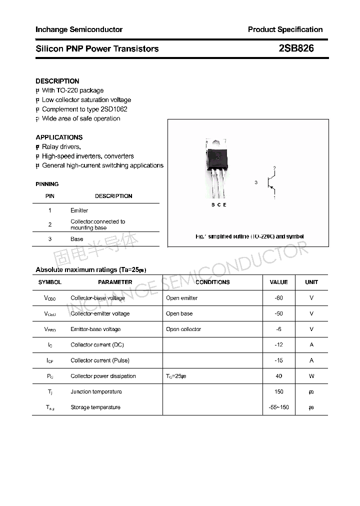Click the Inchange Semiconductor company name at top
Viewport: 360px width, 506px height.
click(79, 29)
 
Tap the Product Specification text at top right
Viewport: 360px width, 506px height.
click(285, 29)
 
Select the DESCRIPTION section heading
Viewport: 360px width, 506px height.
click(57, 81)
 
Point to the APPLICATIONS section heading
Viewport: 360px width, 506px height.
click(59, 137)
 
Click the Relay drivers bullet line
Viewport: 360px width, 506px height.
click(60, 146)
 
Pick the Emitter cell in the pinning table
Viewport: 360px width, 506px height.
click(79, 210)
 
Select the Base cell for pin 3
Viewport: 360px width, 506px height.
click(77, 239)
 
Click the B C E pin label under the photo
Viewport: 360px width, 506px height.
click(219, 205)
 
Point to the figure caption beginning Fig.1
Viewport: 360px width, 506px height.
click(249, 236)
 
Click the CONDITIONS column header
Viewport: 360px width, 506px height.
click(212, 282)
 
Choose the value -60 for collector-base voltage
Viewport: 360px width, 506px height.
click(278, 298)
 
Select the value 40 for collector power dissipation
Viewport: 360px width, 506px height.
click(278, 376)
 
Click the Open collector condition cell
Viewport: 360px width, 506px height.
click(183, 329)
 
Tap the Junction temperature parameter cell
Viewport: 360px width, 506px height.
click(96, 391)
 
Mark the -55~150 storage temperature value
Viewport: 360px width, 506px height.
click(278, 407)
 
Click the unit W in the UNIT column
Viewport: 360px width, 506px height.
click(311, 376)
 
